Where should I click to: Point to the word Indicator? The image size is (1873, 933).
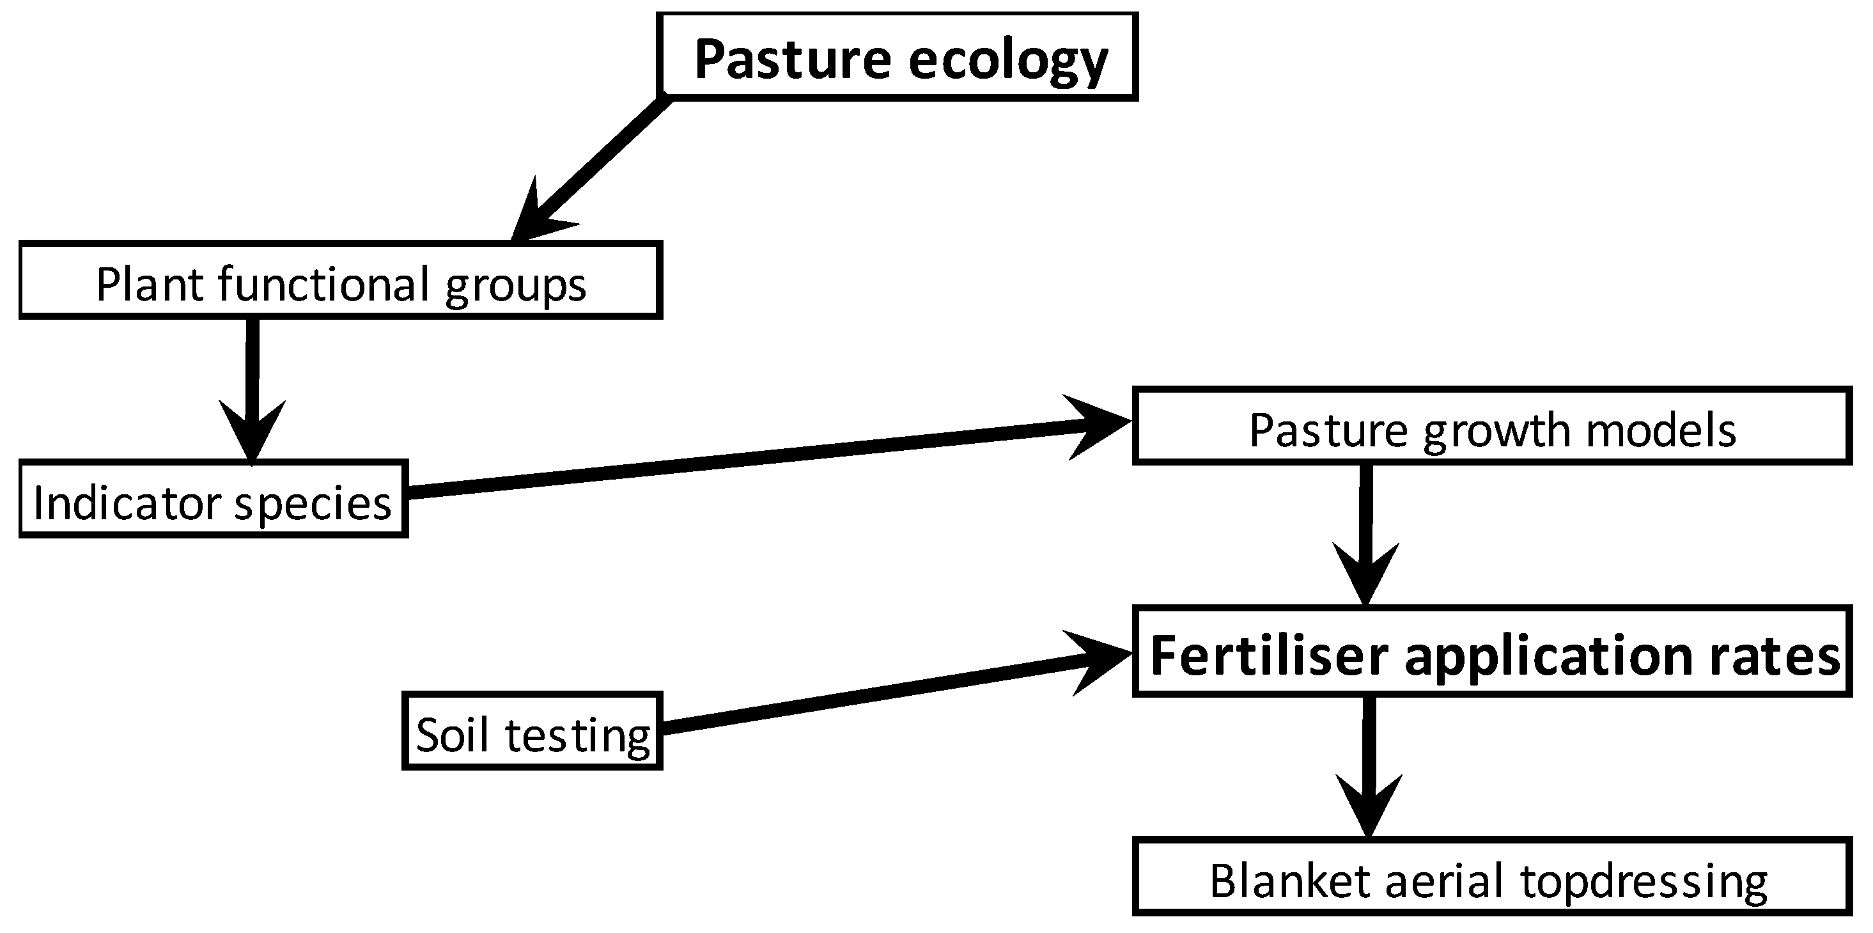pyautogui.click(x=127, y=503)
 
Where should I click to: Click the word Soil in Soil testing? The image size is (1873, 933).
pyautogui.click(x=451, y=735)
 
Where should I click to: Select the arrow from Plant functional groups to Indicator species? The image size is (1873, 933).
pyautogui.click(x=252, y=386)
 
